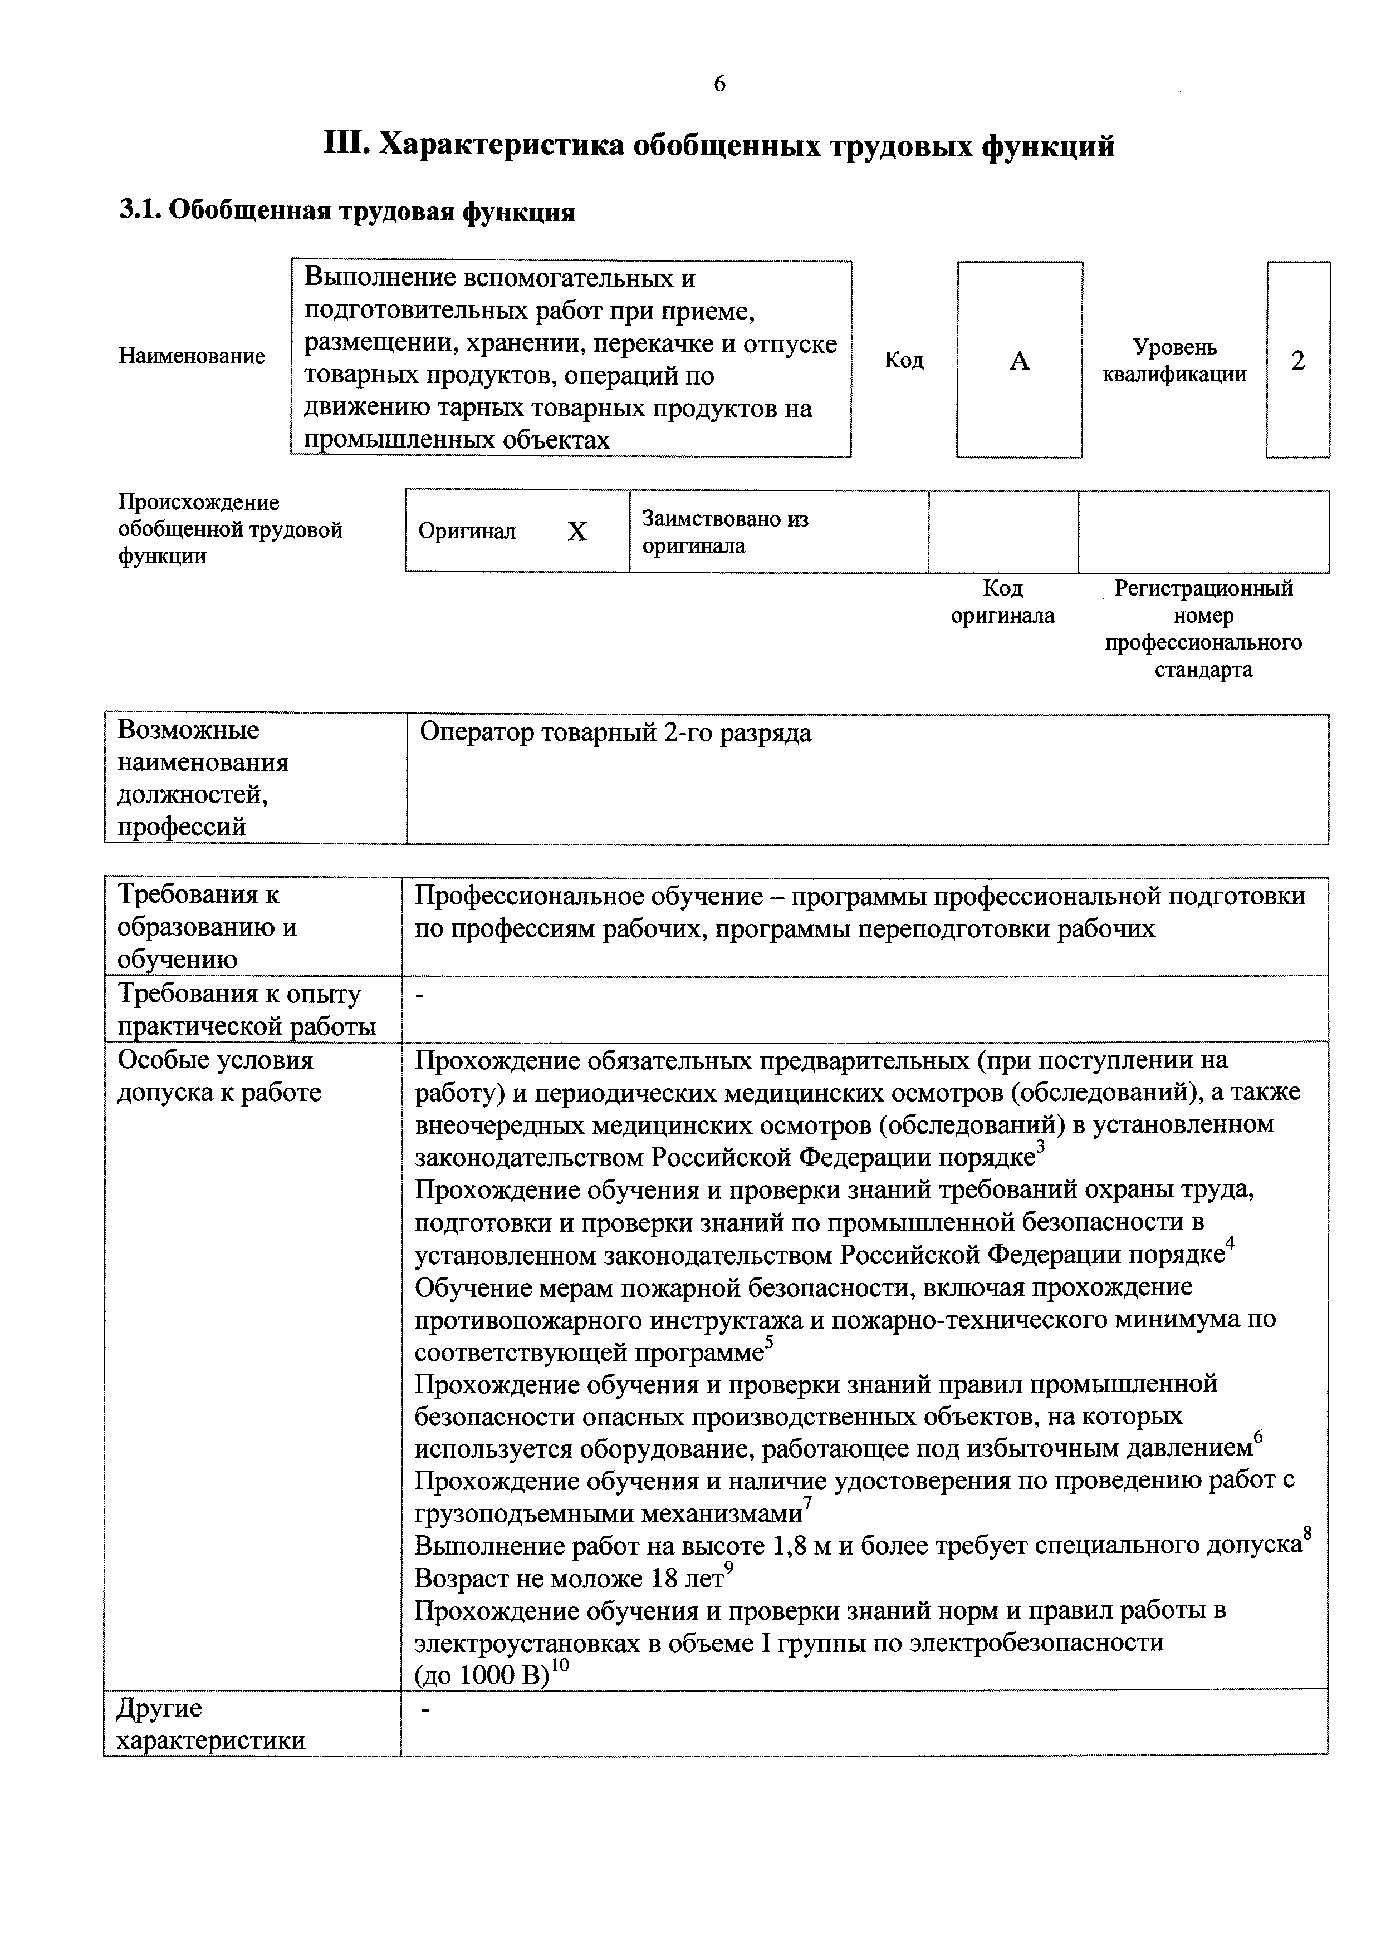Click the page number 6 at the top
coord(719,83)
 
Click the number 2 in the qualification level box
coord(1297,361)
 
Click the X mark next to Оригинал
coord(577,532)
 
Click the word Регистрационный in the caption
coord(1203,588)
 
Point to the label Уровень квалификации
coord(1174,361)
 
